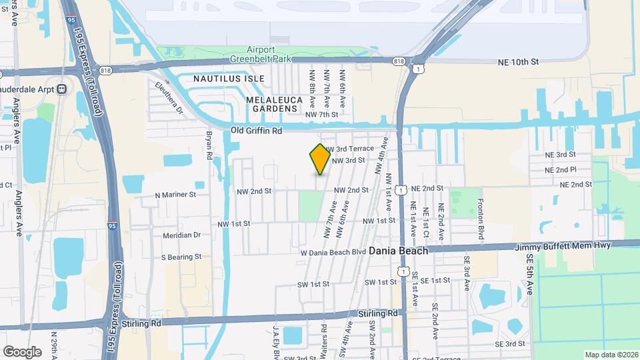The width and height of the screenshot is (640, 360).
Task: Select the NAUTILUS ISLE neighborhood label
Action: coord(229,79)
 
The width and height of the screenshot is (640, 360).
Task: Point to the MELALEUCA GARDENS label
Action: coord(271,104)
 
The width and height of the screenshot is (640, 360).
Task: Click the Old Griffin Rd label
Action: coord(257,130)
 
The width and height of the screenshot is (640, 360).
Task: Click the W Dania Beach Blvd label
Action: coord(333,252)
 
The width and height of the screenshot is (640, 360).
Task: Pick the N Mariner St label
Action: coord(175,195)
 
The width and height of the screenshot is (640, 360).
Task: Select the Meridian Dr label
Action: coord(181,235)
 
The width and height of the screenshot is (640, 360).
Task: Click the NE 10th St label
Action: coord(518,62)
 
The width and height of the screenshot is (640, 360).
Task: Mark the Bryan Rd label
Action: coord(209,145)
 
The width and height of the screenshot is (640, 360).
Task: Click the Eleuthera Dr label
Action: coord(168,97)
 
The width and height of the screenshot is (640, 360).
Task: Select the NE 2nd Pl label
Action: coord(560,169)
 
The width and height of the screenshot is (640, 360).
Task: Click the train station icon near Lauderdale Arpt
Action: coord(62,89)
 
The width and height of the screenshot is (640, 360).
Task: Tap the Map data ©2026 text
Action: coord(610,355)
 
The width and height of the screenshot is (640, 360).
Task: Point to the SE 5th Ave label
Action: coord(530,273)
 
